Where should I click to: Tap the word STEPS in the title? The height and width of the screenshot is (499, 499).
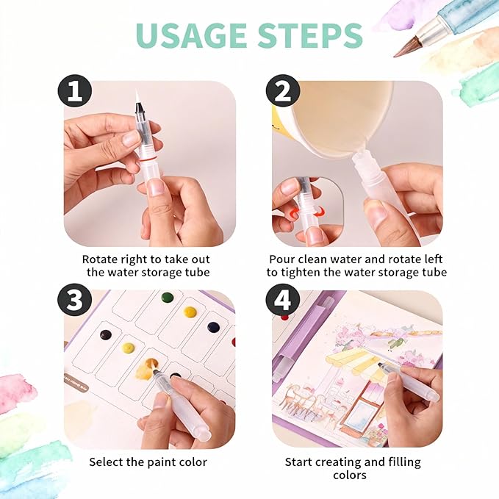(312, 35)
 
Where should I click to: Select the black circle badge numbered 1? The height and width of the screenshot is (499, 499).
(74, 92)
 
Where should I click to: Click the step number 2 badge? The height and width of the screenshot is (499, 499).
(281, 92)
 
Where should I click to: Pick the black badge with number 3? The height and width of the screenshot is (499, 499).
(74, 302)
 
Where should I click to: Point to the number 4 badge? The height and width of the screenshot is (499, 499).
(281, 302)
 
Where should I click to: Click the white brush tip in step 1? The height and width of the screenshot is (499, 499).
(137, 96)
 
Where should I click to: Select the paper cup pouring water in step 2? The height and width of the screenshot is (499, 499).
(331, 118)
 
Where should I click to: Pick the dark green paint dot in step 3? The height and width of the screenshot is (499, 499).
(168, 298)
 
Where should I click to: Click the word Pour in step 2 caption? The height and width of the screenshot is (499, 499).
(282, 259)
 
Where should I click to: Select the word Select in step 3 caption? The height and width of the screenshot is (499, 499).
(107, 462)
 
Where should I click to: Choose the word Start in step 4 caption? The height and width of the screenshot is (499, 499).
(299, 462)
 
